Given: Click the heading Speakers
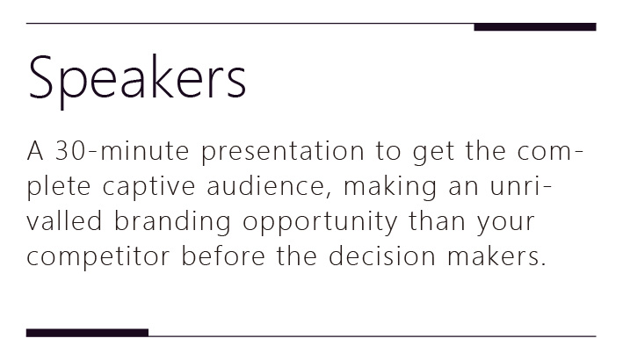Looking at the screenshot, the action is click(137, 79).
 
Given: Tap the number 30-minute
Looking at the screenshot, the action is click(122, 151).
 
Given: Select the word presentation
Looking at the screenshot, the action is click(282, 153).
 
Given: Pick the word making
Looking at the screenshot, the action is click(390, 188).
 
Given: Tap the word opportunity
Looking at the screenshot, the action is click(320, 223).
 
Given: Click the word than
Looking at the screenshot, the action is click(437, 220).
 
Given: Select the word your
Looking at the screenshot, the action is click(506, 223).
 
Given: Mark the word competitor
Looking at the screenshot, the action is click(98, 257).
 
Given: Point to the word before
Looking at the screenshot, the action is click(223, 256).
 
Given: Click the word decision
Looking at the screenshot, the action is click(382, 256).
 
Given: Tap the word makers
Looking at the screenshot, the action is click(496, 256).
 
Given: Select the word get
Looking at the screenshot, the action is click(433, 153).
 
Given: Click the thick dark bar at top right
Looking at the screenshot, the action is click(535, 27).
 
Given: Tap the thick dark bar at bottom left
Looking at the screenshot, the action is click(87, 333).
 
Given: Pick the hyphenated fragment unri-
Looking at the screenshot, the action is click(520, 186).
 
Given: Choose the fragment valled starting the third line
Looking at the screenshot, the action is click(64, 220).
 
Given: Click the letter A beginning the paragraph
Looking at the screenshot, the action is click(35, 151).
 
